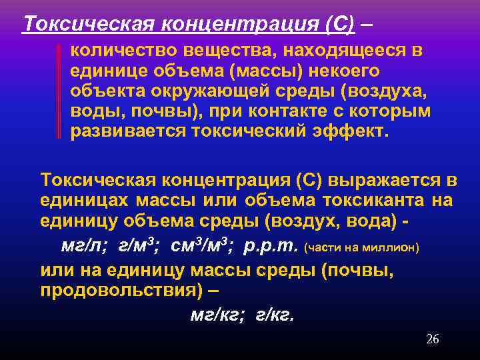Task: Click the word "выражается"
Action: click(x=378, y=180)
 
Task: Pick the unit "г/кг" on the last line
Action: click(x=274, y=315)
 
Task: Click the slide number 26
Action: click(x=432, y=339)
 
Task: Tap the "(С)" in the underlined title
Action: click(x=341, y=24)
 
